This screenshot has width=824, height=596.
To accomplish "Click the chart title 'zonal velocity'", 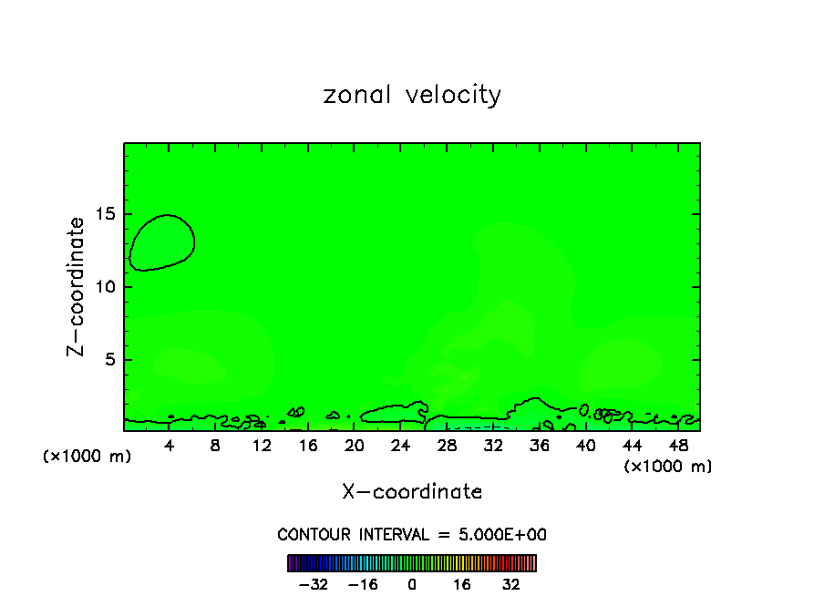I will point(412,95).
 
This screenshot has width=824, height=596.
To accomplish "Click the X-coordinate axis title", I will point(412,492).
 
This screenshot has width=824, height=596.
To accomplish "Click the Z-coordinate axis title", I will point(77,286).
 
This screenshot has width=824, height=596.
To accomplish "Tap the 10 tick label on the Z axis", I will point(105,287).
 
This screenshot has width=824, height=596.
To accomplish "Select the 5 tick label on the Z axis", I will point(109,360).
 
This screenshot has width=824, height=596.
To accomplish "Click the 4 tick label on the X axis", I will point(170,446).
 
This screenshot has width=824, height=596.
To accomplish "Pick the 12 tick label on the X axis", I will point(262,446).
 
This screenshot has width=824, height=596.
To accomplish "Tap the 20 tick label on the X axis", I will point(355,446).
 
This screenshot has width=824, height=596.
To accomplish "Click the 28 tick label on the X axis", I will point(447,446).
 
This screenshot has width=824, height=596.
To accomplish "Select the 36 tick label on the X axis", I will point(540,446).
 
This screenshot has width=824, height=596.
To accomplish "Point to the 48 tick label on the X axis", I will point(678,446).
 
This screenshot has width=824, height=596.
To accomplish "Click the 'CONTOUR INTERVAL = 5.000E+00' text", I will point(412,535).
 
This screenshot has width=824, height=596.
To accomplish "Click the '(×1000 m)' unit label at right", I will point(668,467).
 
